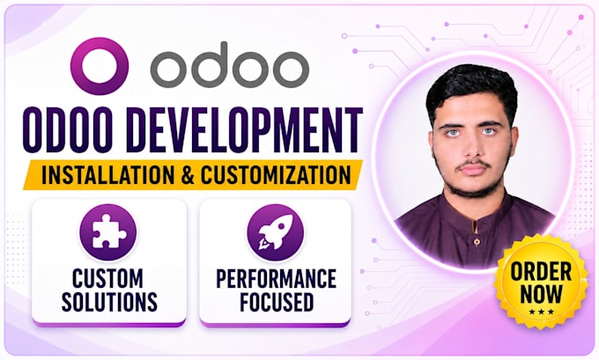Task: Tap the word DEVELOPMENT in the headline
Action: (x=244, y=129)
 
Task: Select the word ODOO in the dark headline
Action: (x=67, y=129)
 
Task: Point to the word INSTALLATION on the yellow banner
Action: (x=107, y=175)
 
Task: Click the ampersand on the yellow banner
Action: (x=187, y=175)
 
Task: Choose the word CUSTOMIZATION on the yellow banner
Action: (x=276, y=175)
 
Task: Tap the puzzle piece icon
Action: (x=107, y=231)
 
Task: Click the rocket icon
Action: (x=276, y=231)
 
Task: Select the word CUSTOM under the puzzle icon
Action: (x=107, y=278)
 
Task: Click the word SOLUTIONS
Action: (x=109, y=302)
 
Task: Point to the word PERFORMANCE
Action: (x=276, y=278)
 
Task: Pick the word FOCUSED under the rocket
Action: (x=277, y=302)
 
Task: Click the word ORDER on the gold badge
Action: (x=541, y=272)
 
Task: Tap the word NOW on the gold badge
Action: (x=542, y=294)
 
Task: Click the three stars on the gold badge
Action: (x=542, y=312)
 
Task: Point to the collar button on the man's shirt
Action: (x=477, y=241)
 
